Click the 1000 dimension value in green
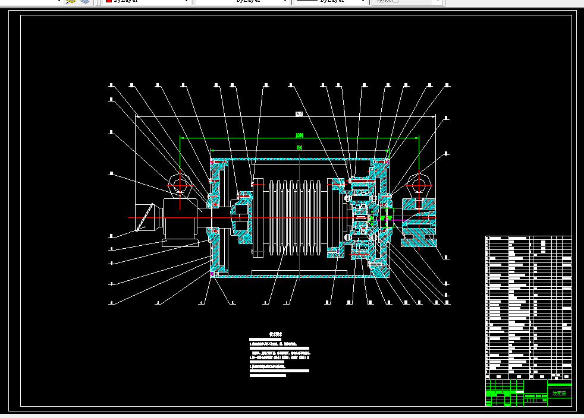point(299,135)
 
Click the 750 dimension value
point(299,147)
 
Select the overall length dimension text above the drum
point(299,113)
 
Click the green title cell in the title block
point(559,392)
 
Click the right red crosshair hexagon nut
point(419,185)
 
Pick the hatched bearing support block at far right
point(420,222)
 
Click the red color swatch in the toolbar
point(109,2)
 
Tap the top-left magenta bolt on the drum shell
point(213,161)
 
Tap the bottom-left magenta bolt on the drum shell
point(213,274)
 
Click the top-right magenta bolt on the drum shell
point(387,161)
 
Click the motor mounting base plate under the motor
point(180,243)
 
